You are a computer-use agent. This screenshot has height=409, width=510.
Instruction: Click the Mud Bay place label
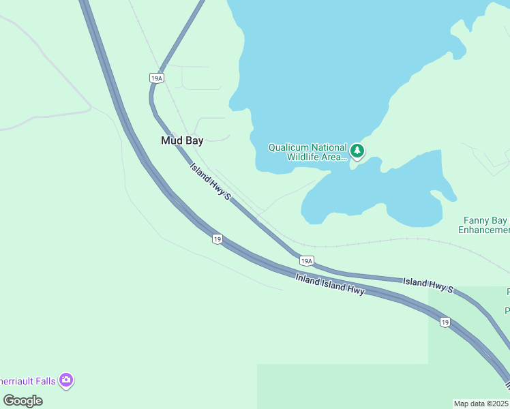tap(182, 140)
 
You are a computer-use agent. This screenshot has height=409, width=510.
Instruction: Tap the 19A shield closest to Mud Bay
tap(157, 78)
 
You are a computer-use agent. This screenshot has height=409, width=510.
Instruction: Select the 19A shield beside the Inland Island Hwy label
tap(307, 260)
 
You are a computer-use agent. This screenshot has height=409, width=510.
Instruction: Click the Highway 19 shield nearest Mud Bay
tap(217, 239)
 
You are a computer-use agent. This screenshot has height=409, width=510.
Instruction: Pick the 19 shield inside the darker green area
tap(445, 322)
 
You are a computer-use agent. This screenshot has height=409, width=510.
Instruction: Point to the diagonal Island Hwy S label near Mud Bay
tap(211, 181)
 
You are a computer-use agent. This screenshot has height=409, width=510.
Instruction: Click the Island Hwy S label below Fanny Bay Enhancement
tap(427, 285)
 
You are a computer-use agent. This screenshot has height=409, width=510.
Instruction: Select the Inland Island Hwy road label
tap(330, 284)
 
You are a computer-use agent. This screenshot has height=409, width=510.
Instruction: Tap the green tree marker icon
tap(357, 151)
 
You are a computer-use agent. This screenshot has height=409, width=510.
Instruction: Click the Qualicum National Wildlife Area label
tap(307, 152)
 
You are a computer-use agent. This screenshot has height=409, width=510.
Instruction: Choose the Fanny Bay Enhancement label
tap(485, 225)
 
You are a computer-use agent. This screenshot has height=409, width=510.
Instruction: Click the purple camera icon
tap(66, 380)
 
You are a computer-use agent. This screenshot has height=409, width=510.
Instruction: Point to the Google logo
tap(22, 400)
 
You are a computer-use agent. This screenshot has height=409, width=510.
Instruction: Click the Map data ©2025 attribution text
tap(481, 404)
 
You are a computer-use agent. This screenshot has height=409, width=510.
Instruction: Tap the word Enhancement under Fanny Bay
tap(485, 230)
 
